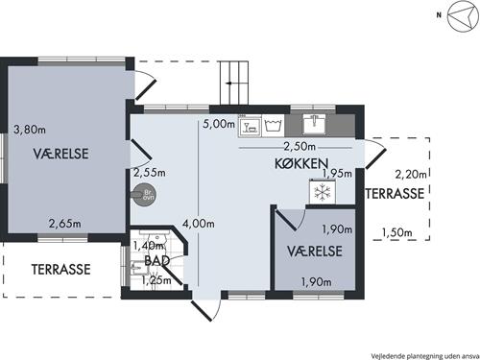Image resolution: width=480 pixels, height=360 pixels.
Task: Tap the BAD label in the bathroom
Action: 157,260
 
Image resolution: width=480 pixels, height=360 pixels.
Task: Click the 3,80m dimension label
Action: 28,127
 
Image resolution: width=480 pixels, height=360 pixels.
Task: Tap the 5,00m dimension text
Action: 219,124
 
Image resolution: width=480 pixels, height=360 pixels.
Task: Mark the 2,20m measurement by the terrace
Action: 411,174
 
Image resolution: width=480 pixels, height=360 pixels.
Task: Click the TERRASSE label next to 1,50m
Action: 396,193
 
